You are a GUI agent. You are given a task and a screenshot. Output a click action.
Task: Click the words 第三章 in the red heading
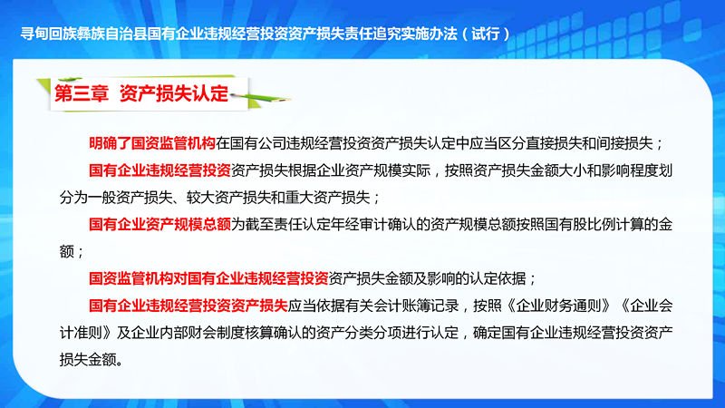pyautogui.click(x=82, y=93)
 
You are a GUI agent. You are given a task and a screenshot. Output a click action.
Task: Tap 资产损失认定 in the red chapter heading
pyautogui.click(x=174, y=93)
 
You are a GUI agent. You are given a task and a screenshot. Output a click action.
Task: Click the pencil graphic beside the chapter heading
pyautogui.click(x=261, y=98)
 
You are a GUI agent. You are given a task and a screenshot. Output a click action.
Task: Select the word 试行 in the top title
pyautogui.click(x=486, y=34)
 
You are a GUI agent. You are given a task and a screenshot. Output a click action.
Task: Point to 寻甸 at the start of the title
pyautogui.click(x=34, y=34)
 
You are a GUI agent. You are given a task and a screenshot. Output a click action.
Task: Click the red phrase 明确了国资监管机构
pyautogui.click(x=152, y=143)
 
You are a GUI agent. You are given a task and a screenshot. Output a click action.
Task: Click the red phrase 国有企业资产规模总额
pyautogui.click(x=159, y=224)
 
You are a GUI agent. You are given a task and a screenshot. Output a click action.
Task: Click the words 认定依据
pyautogui.click(x=497, y=278)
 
